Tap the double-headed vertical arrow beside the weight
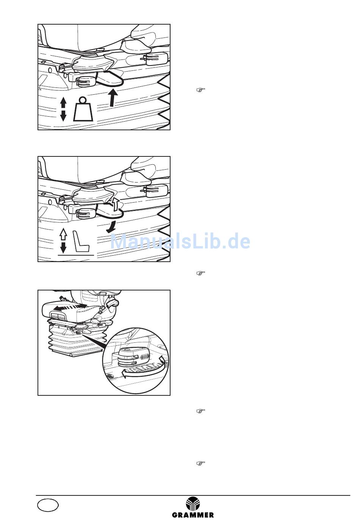63,109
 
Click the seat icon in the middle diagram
82,241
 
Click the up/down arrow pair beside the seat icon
63,241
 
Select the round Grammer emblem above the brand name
193,504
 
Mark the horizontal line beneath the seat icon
76,255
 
